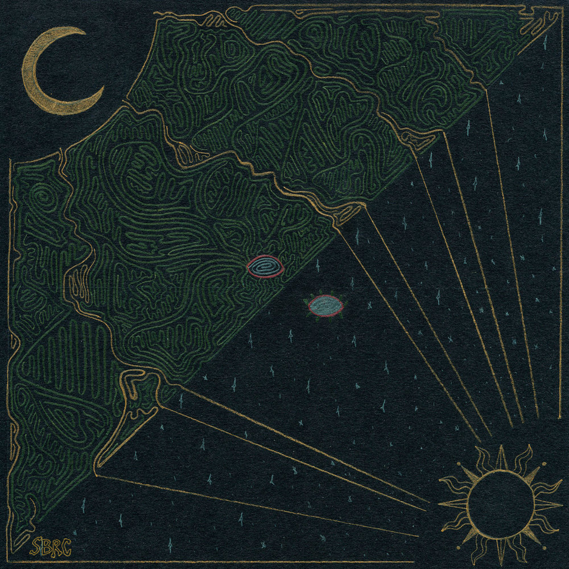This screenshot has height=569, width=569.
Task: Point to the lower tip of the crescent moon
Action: pyautogui.click(x=102, y=91)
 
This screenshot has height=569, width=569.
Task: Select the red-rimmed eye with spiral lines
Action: pyautogui.click(x=265, y=266)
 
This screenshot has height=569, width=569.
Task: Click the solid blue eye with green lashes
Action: pyautogui.click(x=325, y=306)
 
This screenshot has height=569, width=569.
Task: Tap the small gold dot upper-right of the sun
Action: pyautogui.click(x=543, y=464)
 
